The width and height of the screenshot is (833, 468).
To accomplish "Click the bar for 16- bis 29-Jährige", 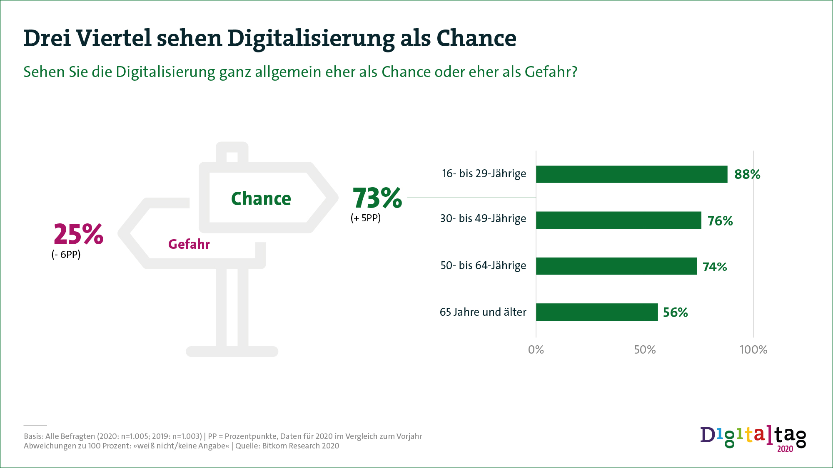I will [x=631, y=174].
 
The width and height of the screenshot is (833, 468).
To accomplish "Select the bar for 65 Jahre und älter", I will [x=596, y=312].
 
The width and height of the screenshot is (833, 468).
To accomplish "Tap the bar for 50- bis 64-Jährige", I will [x=616, y=266].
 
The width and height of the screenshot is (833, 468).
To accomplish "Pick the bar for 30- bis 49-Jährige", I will [x=618, y=220].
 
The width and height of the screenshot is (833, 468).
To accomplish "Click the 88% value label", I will [x=747, y=174].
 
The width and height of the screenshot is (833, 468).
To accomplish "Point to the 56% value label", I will [x=675, y=312].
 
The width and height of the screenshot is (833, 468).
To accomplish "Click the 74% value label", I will [x=715, y=267].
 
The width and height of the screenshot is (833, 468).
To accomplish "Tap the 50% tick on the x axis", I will [x=645, y=350].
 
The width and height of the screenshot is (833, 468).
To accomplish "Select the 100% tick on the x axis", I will [x=753, y=350].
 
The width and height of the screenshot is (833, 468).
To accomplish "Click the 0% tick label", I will [x=536, y=350].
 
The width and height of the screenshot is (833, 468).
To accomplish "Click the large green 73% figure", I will [x=377, y=198].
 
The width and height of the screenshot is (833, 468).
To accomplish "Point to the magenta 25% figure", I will [x=78, y=234].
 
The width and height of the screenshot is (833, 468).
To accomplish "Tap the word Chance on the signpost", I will [x=261, y=198].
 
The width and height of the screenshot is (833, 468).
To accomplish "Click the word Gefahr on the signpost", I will [x=189, y=244].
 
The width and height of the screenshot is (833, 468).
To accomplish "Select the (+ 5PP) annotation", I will [x=365, y=218].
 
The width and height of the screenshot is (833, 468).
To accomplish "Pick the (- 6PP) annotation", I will [x=66, y=255].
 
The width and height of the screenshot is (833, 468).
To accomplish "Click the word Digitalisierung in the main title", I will [x=310, y=38].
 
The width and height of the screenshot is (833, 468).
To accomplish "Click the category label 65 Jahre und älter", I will [x=483, y=312].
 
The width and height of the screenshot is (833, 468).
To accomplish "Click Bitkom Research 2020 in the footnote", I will [x=300, y=446].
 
